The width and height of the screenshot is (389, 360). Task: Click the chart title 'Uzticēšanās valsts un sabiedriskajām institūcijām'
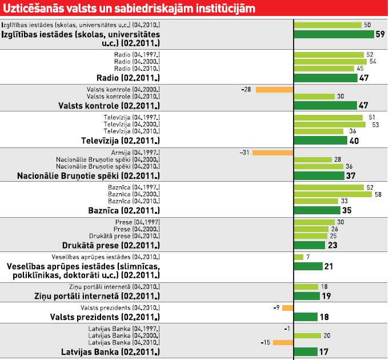click(x=128, y=9)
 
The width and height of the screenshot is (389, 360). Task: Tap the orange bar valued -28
click(x=274, y=90)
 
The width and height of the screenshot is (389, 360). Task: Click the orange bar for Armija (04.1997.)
click(x=272, y=153)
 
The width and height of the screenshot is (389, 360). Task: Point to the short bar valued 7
click(x=299, y=257)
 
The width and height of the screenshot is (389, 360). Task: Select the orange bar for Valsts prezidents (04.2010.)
click(x=287, y=308)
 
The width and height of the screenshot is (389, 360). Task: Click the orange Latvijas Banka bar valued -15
click(x=283, y=342)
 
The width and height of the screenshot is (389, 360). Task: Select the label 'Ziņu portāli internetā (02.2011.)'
click(x=94, y=296)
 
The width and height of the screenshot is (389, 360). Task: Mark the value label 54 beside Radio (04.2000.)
click(x=372, y=62)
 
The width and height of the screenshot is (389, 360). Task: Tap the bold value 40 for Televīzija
click(x=354, y=141)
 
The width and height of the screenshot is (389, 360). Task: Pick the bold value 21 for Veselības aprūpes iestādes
click(x=328, y=266)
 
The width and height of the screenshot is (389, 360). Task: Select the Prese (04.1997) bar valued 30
click(x=314, y=222)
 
